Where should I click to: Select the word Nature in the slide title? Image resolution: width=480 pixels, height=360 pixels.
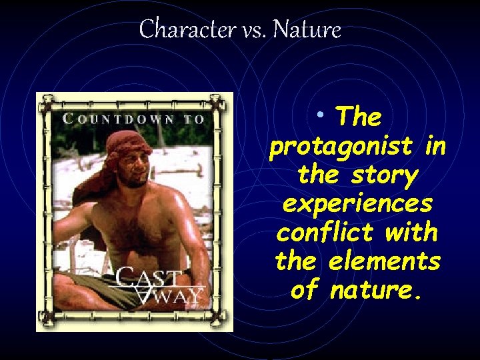[x=307, y=29]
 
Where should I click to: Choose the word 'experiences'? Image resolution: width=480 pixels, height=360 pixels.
[x=357, y=205]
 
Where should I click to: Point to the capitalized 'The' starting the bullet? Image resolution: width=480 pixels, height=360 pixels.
[x=359, y=117]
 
